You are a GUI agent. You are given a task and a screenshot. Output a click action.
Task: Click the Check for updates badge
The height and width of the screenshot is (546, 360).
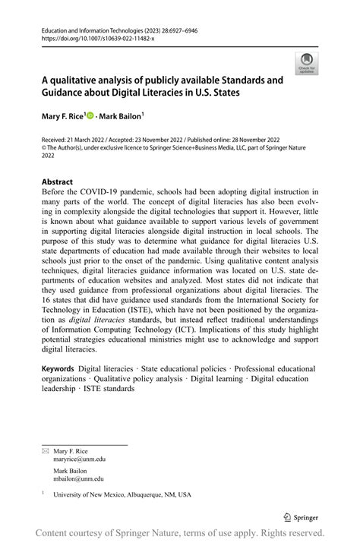pyautogui.click(x=308, y=63)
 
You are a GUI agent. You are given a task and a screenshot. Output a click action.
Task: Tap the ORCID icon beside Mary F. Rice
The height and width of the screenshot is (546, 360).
pyautogui.click(x=90, y=117)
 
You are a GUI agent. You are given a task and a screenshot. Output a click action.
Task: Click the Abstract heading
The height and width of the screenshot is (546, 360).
pyautogui.click(x=57, y=182)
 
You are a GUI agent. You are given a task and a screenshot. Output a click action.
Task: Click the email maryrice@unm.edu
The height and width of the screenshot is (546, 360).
pyautogui.click(x=79, y=459)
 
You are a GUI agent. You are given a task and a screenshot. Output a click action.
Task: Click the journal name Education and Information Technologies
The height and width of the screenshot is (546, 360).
pyautogui.click(x=87, y=27)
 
